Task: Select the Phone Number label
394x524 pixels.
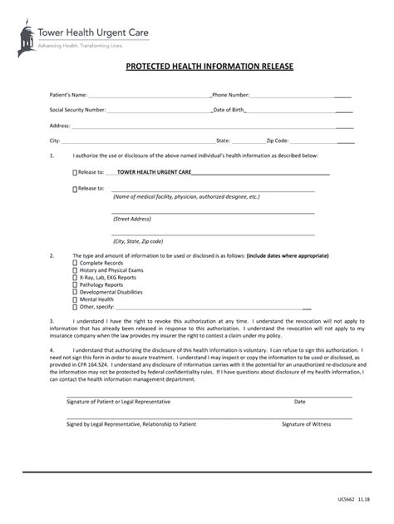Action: [x=231, y=95]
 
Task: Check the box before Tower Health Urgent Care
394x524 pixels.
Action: [x=75, y=173]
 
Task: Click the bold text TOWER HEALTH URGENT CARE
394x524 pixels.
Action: [x=155, y=172]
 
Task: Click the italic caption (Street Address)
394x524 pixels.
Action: [x=132, y=219]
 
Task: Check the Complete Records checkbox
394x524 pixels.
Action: [x=75, y=263]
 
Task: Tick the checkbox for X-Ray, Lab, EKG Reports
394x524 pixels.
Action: [x=75, y=278]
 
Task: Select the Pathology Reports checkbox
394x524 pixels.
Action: [x=75, y=285]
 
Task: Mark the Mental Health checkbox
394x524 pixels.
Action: [x=75, y=299]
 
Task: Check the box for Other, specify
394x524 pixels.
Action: [x=75, y=307]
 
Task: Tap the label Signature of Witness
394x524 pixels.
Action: [x=306, y=424]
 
